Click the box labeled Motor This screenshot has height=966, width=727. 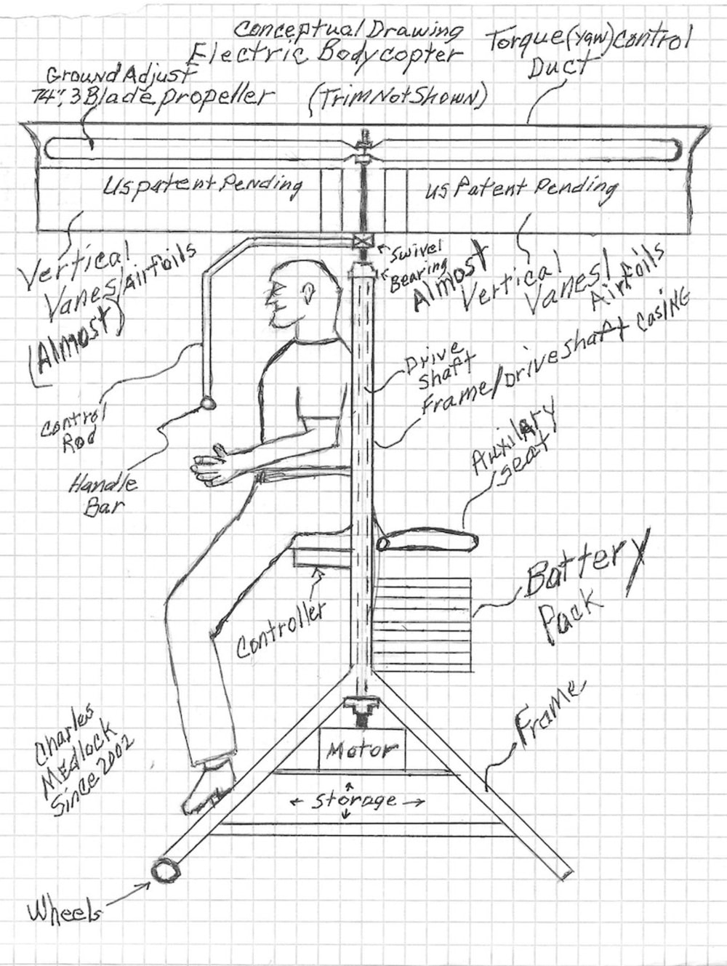coord(361,749)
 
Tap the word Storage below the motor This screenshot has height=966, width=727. coord(356,801)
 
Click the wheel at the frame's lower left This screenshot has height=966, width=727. coord(168,869)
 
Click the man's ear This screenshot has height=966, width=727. coord(309,292)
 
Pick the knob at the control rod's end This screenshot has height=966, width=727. coord(208,402)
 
